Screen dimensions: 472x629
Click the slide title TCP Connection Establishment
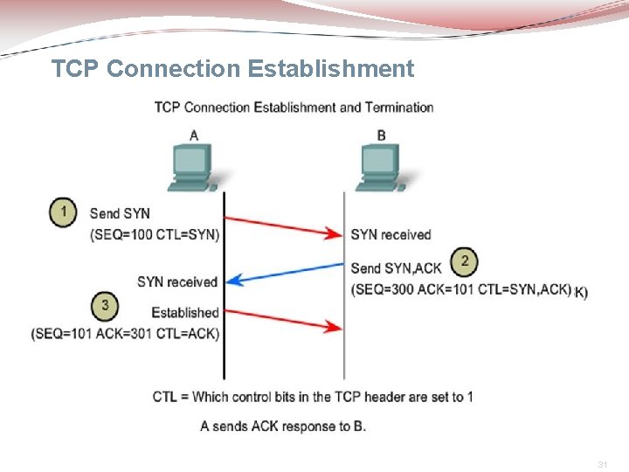point(232,68)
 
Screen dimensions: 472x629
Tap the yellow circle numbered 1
point(63,212)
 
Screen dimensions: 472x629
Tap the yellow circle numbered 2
point(464,260)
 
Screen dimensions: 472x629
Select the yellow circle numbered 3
point(105,305)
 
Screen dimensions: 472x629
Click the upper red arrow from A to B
point(283,224)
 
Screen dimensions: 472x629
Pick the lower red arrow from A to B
point(283,316)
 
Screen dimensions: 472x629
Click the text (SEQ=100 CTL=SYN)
point(155,234)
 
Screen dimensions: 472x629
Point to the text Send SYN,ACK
point(396,267)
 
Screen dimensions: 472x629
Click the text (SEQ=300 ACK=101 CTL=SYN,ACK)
point(461,289)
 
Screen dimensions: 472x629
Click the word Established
point(184,312)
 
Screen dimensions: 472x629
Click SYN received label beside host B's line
point(391,234)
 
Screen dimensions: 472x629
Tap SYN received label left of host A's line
point(176,281)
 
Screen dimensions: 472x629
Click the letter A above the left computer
point(193,135)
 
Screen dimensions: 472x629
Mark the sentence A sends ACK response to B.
point(283,426)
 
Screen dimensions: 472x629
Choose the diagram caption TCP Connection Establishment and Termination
point(294,108)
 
